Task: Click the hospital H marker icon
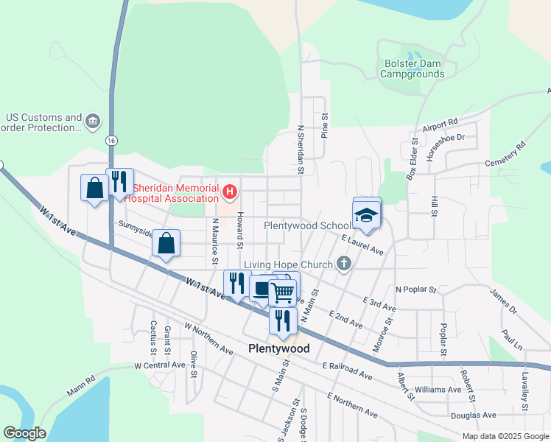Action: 230,193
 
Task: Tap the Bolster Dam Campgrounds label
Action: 413,69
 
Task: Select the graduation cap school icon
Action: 366,215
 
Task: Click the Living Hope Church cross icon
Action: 343,263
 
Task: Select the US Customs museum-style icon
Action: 93,121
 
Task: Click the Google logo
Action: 24,433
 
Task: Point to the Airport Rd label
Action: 441,123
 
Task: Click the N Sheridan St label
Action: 301,150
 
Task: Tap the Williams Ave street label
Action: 438,388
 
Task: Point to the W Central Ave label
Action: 160,365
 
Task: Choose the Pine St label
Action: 324,125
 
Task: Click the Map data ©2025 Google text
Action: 505,435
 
